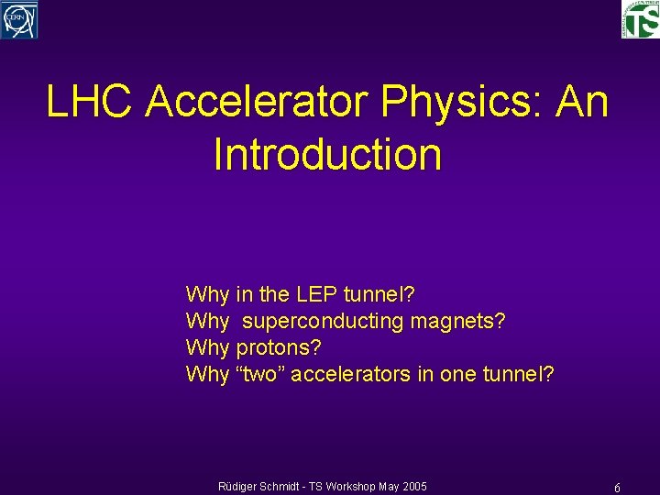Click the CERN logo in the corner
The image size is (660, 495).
(19, 19)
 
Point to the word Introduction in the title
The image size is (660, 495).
(327, 154)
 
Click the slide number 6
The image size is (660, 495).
(618, 489)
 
